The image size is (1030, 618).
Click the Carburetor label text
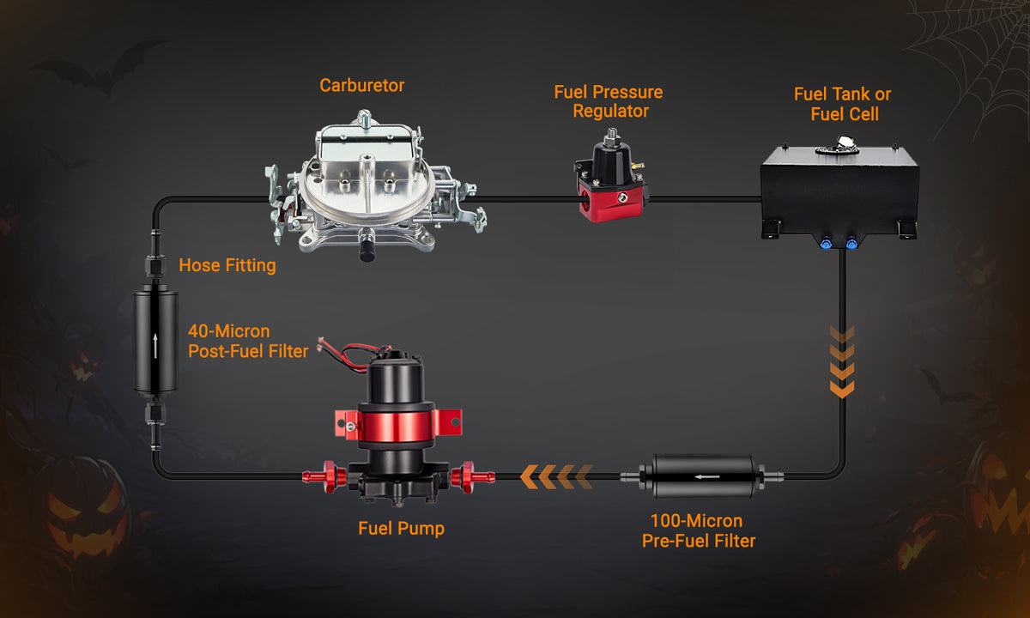362,86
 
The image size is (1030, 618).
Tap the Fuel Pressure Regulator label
609,101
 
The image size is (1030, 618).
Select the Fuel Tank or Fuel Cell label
843,104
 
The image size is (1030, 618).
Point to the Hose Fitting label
227,265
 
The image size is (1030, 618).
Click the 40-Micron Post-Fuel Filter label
248,342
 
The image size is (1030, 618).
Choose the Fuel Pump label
402,529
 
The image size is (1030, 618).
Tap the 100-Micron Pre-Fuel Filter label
699,530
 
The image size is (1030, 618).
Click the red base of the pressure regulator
611,203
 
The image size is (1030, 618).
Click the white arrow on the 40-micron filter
155,346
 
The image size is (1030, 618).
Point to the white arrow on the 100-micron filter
707,477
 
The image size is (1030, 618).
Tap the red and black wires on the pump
351,354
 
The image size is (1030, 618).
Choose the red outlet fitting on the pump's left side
324,477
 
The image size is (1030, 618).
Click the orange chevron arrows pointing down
842,362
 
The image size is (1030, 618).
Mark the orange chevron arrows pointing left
557,477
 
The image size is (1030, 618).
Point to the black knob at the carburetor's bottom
367,251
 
